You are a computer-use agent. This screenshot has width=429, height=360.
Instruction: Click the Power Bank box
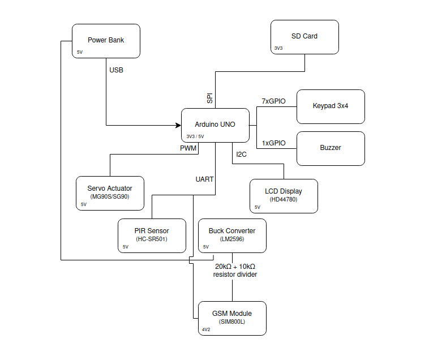pyautogui.click(x=106, y=41)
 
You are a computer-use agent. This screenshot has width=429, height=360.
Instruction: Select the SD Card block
pyautogui.click(x=304, y=37)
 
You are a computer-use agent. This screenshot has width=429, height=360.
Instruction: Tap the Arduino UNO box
pyautogui.click(x=215, y=125)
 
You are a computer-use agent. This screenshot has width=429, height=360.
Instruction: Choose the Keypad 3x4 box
pyautogui.click(x=331, y=106)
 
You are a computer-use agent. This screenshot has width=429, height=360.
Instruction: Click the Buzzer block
pyautogui.click(x=331, y=148)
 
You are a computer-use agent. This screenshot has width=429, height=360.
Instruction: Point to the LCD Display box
pyautogui.click(x=284, y=196)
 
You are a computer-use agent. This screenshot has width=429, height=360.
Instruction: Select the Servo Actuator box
pyautogui.click(x=110, y=193)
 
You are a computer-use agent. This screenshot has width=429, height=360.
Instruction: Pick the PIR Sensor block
pyautogui.click(x=152, y=235)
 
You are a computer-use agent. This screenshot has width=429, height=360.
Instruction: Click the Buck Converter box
pyautogui.click(x=232, y=235)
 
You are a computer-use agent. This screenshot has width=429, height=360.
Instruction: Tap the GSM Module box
pyautogui.click(x=232, y=318)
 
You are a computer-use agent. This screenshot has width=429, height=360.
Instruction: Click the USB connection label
pyautogui.click(x=116, y=71)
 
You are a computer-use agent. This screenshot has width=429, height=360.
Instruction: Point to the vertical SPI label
pyautogui.click(x=210, y=98)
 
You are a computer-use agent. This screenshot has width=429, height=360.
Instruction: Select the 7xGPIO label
pyautogui.click(x=273, y=101)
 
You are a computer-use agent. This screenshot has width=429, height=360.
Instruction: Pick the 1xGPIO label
pyautogui.click(x=273, y=143)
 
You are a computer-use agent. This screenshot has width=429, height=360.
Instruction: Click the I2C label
pyautogui.click(x=241, y=155)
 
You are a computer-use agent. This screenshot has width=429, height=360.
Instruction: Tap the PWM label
pyautogui.click(x=188, y=148)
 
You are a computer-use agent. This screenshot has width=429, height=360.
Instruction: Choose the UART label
pyautogui.click(x=204, y=179)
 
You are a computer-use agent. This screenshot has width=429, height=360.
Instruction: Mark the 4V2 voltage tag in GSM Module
pyautogui.click(x=206, y=329)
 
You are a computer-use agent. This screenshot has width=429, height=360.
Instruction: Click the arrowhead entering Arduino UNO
pyautogui.click(x=177, y=125)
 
